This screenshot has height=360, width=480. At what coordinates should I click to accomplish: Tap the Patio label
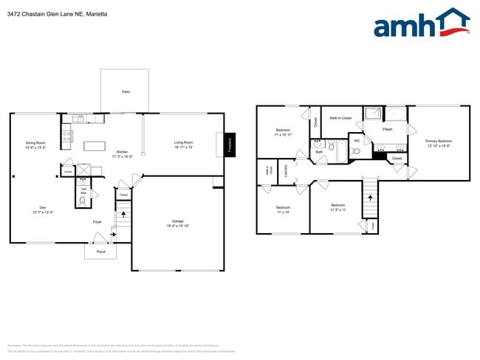pos(126,91)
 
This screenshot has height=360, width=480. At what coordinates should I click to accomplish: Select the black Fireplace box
pos(229,145)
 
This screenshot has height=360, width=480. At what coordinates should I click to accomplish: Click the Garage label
pos(178,221)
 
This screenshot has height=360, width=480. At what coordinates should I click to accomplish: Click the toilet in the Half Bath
pos(83,199)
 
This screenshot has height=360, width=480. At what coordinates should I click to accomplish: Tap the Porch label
pos(100,252)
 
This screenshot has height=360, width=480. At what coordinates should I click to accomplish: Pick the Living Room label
pos(183,142)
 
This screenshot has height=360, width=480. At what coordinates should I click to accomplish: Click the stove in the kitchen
pos(67,135)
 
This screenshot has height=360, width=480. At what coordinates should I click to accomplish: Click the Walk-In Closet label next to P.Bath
pos(340,117)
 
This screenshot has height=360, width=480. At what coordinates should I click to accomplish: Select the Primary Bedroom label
pos(439,140)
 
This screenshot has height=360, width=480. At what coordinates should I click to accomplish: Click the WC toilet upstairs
pos(356,150)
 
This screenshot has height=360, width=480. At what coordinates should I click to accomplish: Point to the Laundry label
pos(285,170)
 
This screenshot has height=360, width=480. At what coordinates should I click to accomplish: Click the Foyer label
pos(97,221)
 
